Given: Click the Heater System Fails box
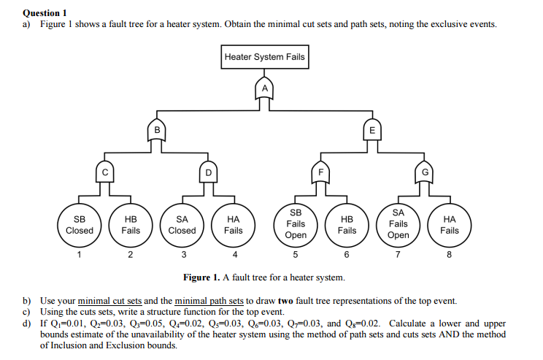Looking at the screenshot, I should pyautogui.click(x=265, y=57).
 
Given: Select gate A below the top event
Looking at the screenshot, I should pyautogui.click(x=265, y=88).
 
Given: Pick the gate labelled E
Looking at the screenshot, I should pyautogui.click(x=372, y=130).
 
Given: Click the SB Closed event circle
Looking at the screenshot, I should pyautogui.click(x=80, y=224).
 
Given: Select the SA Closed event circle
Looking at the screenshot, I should pyautogui.click(x=182, y=224).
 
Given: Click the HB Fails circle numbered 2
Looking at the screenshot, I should pyautogui.click(x=131, y=224).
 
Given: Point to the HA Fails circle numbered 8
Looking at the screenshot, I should pyautogui.click(x=450, y=224).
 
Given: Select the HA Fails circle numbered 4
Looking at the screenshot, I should pyautogui.click(x=234, y=224).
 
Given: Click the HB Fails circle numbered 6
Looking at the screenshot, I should pyautogui.click(x=347, y=224).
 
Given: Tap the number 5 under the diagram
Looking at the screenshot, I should pyautogui.click(x=296, y=255).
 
